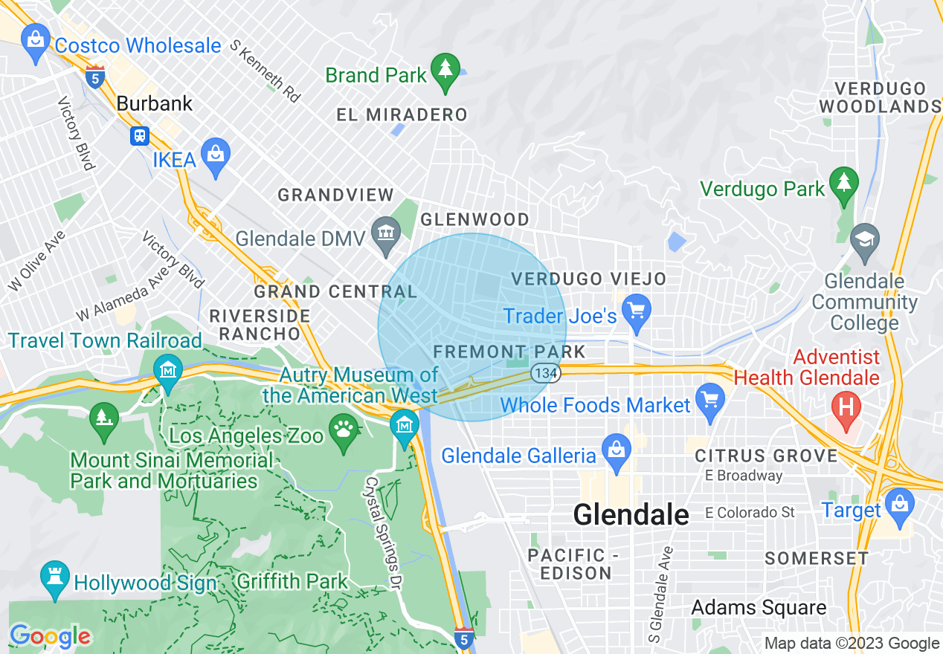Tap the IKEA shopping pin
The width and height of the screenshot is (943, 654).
pyautogui.click(x=216, y=155)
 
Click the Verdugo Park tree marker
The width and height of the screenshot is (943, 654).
pyautogui.click(x=843, y=184)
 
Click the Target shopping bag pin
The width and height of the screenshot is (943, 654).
pyautogui.click(x=899, y=505)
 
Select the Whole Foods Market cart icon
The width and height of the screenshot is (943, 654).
pyautogui.click(x=711, y=399)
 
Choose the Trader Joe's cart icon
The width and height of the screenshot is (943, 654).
pyautogui.click(x=637, y=311)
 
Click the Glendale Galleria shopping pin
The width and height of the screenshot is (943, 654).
pyautogui.click(x=616, y=451)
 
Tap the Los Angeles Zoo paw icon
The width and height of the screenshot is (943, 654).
pyautogui.click(x=344, y=430)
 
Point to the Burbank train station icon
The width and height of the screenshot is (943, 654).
pyautogui.click(x=140, y=136)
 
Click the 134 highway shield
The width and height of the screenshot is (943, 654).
pyautogui.click(x=545, y=373)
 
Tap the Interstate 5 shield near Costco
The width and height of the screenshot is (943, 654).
pyautogui.click(x=94, y=77)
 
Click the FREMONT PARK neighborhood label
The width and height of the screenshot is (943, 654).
pyautogui.click(x=509, y=351)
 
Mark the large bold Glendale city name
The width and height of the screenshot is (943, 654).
pyautogui.click(x=631, y=514)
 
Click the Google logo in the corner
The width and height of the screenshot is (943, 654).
pyautogui.click(x=50, y=636)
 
